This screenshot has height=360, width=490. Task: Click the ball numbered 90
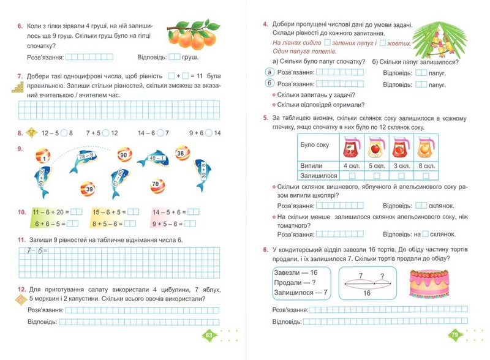123,156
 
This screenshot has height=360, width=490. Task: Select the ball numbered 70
156,183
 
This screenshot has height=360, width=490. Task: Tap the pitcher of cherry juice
350,148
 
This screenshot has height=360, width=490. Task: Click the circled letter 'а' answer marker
268,72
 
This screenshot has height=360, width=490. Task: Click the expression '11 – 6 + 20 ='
51,212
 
